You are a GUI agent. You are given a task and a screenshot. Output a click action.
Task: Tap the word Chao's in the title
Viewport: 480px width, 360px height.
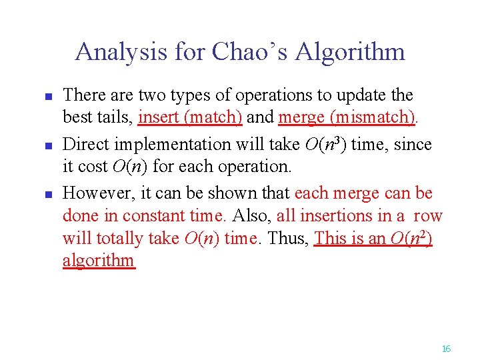tap(243, 51)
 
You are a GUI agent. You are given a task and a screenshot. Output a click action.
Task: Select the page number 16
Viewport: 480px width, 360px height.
tap(446, 349)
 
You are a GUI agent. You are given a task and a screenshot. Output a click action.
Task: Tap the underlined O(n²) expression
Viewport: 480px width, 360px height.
tap(408, 238)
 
